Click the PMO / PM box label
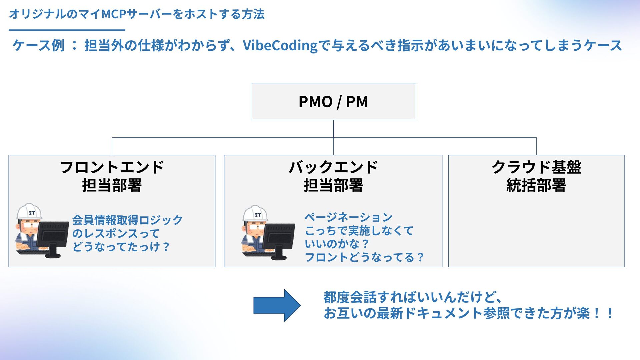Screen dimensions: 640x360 tap(333, 102)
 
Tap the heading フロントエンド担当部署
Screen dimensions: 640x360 tap(112, 176)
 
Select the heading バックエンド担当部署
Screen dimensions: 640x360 tap(333, 176)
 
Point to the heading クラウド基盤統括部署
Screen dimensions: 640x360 tap(536, 176)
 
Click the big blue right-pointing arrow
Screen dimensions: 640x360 tap(277, 305)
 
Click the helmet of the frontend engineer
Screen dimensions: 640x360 tap(29, 211)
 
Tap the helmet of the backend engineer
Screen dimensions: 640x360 tap(255, 213)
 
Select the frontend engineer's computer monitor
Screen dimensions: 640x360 tap(52, 235)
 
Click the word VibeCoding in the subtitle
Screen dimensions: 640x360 tap(280, 46)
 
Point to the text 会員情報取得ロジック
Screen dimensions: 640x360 tap(127, 220)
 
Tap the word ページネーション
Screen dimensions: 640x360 tap(348, 217)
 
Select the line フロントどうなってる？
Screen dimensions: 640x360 tap(364, 257)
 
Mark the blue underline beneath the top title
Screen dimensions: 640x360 tap(67, 30)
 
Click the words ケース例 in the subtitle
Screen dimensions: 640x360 tap(38, 46)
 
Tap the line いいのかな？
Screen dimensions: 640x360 tap(337, 244)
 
